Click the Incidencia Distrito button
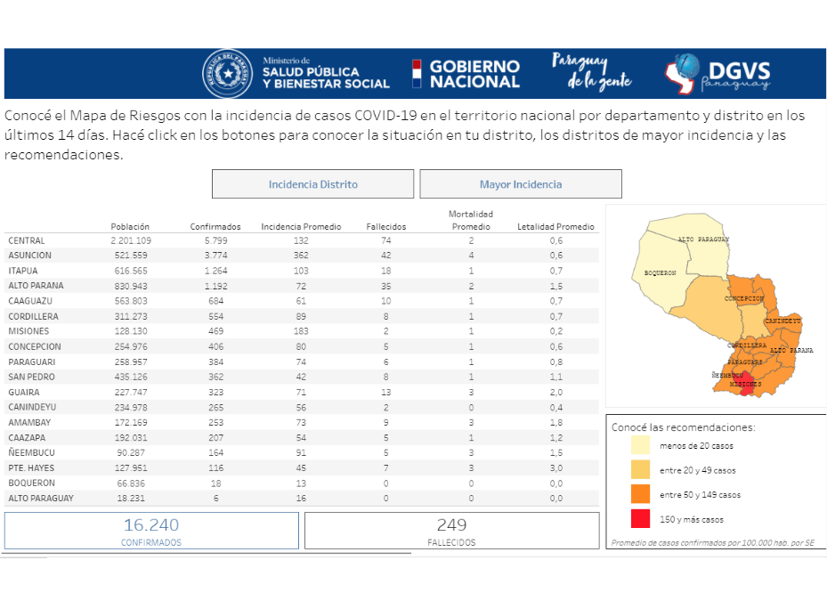pos(312,184)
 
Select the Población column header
pos(130,226)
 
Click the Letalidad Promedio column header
pos(555,226)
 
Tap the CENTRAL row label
pos(27,240)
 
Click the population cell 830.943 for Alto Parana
pos(130,286)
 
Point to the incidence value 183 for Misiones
pos(301,331)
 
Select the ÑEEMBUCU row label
pos(29,452)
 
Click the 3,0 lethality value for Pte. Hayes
pos(555,467)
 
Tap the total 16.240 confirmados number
pos(151,525)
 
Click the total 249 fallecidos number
pos(451,525)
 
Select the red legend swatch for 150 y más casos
pos(640,518)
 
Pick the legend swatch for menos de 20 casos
pos(640,445)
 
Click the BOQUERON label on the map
pos(661,272)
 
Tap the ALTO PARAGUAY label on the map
pos(703,240)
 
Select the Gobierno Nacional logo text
pos(474,74)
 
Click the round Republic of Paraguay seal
pos(228,74)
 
